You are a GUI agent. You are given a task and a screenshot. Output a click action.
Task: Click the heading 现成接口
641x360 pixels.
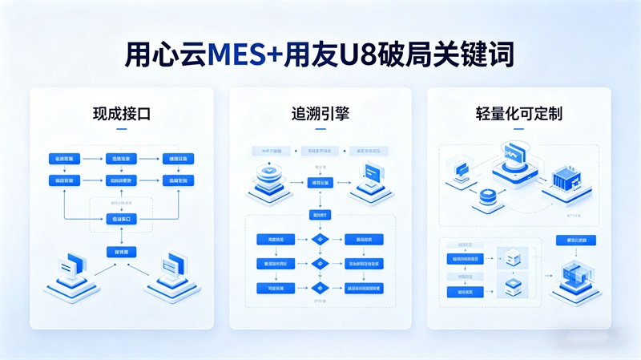click(122, 114)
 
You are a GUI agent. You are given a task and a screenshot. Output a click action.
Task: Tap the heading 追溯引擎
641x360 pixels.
click(320, 114)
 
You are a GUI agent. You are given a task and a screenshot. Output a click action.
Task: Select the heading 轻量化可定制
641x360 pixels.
click(518, 114)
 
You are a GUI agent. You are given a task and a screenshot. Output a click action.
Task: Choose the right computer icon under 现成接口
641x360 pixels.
click(171, 273)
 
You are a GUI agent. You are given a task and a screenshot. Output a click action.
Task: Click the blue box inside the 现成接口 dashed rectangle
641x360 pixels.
click(122, 218)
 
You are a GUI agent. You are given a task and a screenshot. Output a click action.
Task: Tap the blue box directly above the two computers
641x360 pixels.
click(122, 252)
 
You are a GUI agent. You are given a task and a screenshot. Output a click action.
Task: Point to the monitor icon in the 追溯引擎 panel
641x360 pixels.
click(373, 174)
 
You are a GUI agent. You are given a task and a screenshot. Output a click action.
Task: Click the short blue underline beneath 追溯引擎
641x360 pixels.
click(320, 129)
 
